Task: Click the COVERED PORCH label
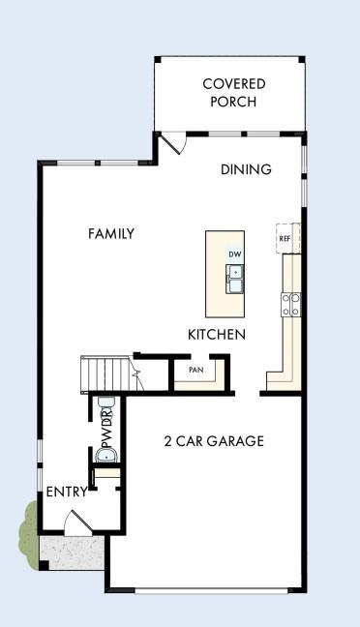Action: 233,92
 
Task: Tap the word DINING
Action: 246,169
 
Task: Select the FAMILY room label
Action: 111,233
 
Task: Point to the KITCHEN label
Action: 216,335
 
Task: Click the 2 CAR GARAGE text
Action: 214,441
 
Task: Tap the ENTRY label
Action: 67,492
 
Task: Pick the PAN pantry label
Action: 195,369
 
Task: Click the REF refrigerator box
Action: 285,238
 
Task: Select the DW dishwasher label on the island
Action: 234,254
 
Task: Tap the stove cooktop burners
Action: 289,305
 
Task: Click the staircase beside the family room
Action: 104,373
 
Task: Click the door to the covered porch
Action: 172,143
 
